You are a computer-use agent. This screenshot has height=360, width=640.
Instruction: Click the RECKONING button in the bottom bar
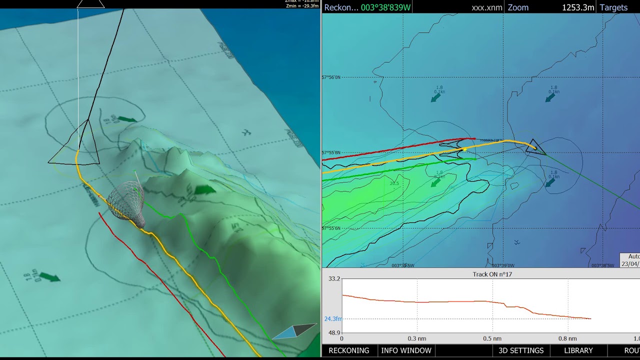pos(348,350)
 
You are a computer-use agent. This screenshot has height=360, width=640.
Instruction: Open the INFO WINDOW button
pos(406,350)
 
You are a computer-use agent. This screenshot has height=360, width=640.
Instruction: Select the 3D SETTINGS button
pos(521,350)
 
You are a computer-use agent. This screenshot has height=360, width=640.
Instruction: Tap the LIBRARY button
pos(578,350)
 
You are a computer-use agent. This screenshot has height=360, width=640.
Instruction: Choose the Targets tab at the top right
pos(613,7)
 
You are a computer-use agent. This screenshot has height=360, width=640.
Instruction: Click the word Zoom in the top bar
pos(518,7)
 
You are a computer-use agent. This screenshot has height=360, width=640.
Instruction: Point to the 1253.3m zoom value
pos(578,7)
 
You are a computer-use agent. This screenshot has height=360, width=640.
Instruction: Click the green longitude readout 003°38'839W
pos(385,7)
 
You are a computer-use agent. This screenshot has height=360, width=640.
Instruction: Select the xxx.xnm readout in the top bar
pos(487,7)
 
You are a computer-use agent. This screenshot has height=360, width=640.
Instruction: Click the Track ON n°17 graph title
pos(492,274)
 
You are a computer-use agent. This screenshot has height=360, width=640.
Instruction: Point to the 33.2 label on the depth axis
pos(334,279)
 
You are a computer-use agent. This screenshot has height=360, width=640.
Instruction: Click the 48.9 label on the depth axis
pos(334,332)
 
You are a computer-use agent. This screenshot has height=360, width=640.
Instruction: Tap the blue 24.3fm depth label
pos(333,319)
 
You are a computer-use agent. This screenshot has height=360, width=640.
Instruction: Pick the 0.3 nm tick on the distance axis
pos(417,338)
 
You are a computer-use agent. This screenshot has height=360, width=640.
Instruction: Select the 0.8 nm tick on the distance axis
pos(567,338)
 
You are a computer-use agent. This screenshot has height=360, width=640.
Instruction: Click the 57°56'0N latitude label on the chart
pos(331,77)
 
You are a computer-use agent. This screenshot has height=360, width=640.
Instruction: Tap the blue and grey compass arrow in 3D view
pos(295,331)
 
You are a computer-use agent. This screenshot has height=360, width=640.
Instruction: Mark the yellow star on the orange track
pos(464,149)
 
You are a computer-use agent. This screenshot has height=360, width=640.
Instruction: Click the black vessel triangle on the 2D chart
pos(535,147)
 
